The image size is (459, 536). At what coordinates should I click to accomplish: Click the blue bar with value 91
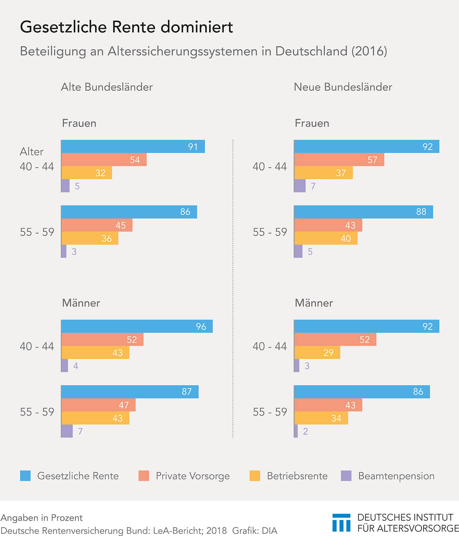(x=133, y=147)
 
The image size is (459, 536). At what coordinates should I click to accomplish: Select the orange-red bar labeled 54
(x=104, y=160)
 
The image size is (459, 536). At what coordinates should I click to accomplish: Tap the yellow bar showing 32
(x=86, y=173)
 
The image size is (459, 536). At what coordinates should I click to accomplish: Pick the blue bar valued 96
(x=137, y=326)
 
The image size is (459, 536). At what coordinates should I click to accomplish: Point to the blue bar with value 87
(x=129, y=392)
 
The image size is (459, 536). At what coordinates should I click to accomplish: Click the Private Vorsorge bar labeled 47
(x=98, y=405)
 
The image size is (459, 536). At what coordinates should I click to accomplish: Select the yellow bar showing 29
(x=317, y=353)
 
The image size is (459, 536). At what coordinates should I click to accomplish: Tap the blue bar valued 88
(x=363, y=212)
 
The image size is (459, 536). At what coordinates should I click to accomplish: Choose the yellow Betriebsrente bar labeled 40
(x=325, y=238)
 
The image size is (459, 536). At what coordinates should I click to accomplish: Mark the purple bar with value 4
(x=64, y=366)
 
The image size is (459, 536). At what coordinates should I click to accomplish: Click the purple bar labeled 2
(x=296, y=431)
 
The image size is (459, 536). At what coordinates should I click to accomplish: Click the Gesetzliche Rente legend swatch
(x=25, y=476)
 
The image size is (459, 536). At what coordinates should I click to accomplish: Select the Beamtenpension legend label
(x=396, y=476)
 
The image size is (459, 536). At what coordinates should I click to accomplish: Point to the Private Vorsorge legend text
(x=193, y=476)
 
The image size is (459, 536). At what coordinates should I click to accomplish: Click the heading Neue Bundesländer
(x=343, y=87)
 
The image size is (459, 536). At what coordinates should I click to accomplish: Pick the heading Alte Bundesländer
(x=107, y=87)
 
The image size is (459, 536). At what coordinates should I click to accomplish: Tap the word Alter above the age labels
(x=31, y=152)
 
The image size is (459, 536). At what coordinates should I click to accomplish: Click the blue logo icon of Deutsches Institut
(x=341, y=523)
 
